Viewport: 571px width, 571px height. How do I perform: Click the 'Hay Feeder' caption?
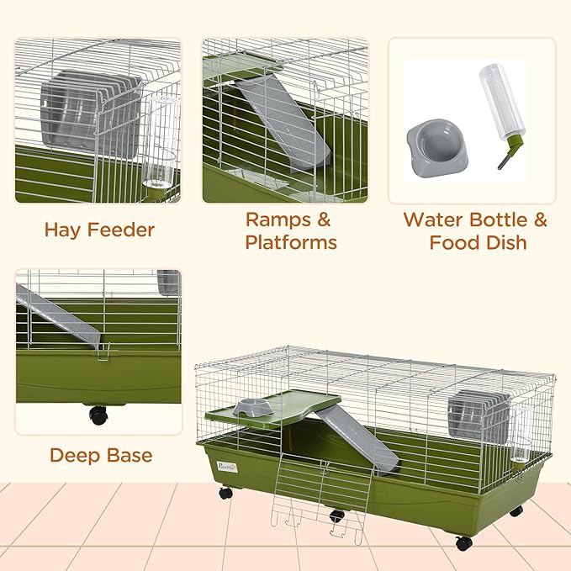(x=98, y=230)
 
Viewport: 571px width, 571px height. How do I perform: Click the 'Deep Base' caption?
(x=100, y=456)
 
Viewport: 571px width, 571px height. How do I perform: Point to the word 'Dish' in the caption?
(x=502, y=243)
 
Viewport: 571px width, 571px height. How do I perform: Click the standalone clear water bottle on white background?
(x=498, y=105)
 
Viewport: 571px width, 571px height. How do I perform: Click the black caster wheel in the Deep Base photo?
(x=98, y=415)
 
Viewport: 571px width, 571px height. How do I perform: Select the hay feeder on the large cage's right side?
(x=478, y=420)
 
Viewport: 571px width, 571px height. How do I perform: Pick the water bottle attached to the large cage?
(x=521, y=433)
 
